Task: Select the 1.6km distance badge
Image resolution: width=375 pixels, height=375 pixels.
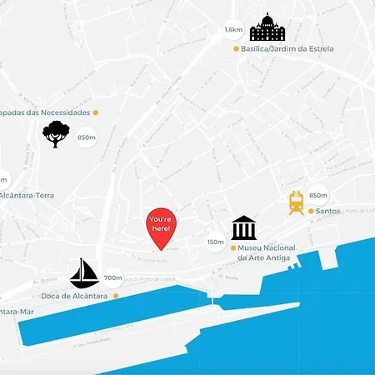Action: click(x=233, y=31)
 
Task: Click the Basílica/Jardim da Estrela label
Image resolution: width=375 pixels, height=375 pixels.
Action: click(x=287, y=49)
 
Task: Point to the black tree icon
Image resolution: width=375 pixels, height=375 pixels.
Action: click(x=56, y=133)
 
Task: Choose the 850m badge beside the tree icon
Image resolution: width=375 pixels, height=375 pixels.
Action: click(x=87, y=137)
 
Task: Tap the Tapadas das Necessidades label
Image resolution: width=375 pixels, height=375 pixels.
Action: click(x=45, y=112)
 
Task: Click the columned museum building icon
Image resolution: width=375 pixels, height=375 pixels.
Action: click(x=243, y=227)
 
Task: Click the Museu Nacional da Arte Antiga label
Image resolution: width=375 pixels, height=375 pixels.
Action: click(x=267, y=252)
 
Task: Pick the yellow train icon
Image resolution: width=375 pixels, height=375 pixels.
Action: click(x=295, y=202)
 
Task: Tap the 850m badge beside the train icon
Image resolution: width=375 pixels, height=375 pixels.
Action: click(x=318, y=195)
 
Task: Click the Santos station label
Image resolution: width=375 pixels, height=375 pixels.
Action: click(x=329, y=212)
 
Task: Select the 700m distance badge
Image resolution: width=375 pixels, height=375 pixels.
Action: click(x=113, y=277)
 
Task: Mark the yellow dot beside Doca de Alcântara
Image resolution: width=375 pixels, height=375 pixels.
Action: click(x=116, y=296)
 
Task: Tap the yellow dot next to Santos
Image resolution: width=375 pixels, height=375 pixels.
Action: click(x=310, y=212)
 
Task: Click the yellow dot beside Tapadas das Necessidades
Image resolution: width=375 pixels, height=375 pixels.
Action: click(x=96, y=112)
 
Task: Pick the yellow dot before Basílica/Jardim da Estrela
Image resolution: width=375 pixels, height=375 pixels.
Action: click(x=235, y=49)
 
